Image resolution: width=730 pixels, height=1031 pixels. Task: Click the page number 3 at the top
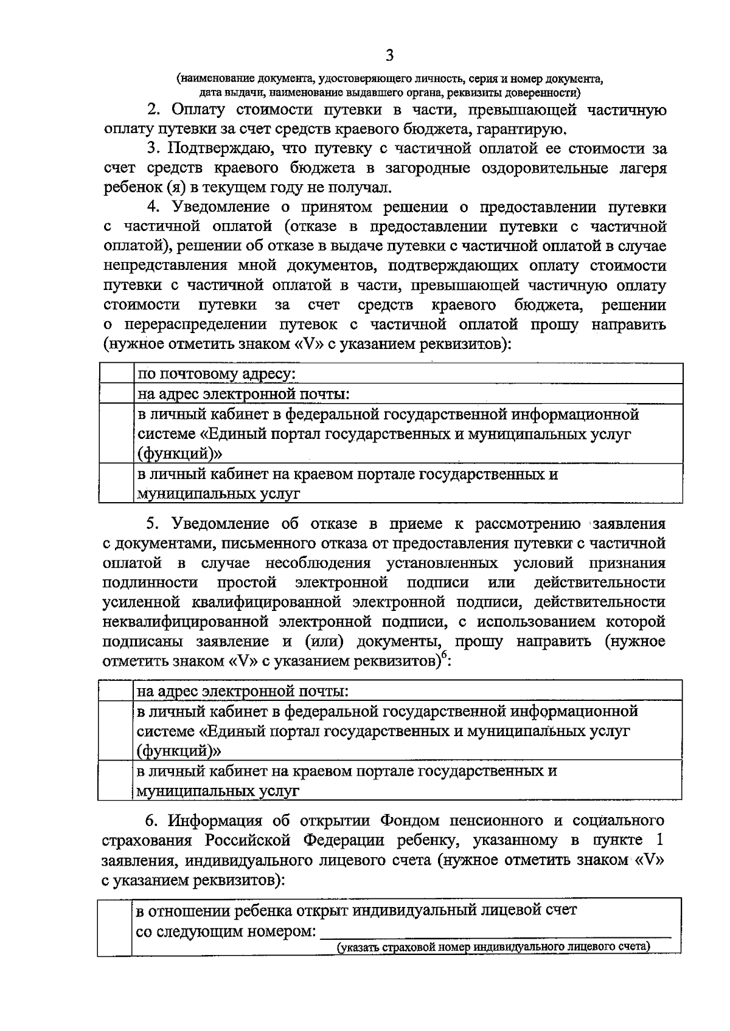389,56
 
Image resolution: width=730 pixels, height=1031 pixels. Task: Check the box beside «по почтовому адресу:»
116,373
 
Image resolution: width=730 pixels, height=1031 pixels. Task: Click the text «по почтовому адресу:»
217,374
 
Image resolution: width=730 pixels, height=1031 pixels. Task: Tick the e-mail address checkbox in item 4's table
116,394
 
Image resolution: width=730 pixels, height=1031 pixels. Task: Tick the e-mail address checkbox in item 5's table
116,691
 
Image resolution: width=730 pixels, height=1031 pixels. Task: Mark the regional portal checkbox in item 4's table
116,483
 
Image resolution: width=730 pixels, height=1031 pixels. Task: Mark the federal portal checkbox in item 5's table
116,730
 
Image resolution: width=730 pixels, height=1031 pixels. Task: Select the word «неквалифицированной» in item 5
186,622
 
